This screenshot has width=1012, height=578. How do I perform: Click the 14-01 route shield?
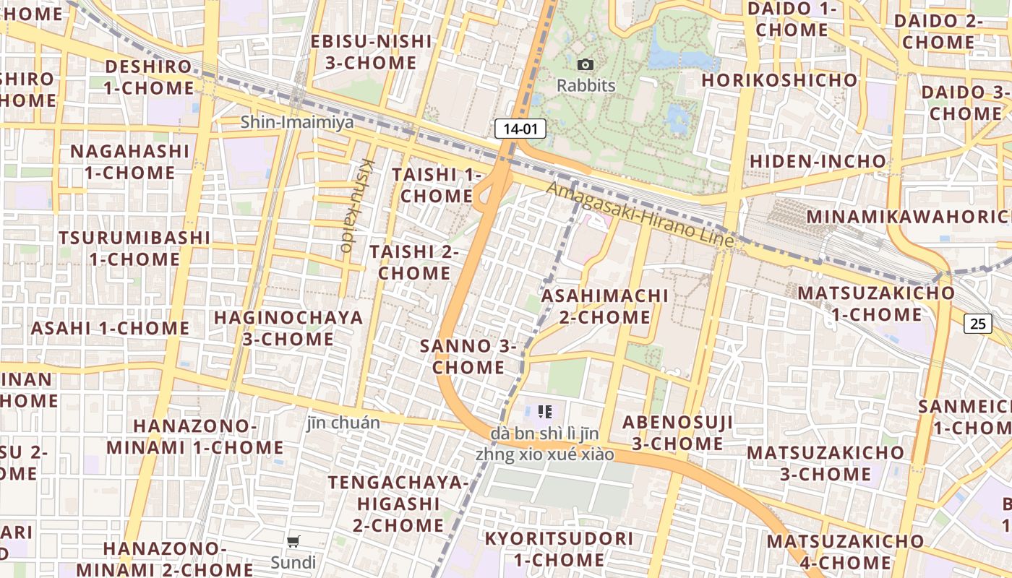520,129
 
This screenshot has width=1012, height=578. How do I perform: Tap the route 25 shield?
977,324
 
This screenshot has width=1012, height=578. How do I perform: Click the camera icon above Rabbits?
586,65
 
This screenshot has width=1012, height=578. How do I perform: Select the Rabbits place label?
586,86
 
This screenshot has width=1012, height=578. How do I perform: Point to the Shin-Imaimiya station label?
297,122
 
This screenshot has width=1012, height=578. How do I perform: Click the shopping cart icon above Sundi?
293,541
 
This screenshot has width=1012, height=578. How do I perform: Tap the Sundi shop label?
293,562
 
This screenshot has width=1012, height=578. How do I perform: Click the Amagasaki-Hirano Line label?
640,214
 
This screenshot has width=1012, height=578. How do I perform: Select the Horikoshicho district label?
779,80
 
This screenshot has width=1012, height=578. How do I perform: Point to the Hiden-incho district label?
818,161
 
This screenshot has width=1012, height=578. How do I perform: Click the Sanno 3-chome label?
468,356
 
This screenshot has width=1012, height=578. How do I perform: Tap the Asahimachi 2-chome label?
605,306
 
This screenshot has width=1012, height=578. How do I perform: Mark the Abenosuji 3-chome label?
677,432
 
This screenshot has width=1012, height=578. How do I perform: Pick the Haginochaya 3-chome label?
288,328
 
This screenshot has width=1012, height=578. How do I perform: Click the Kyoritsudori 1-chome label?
559,549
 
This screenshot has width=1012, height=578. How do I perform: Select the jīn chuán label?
343,423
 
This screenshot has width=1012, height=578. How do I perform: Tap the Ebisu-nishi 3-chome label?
371,51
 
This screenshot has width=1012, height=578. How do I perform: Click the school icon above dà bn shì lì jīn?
545,413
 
